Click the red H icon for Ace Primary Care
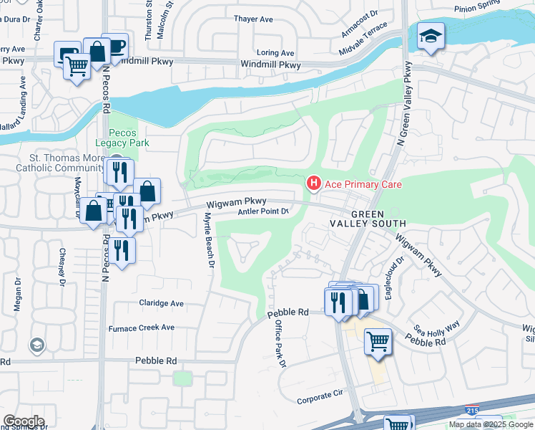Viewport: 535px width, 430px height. point(313,184)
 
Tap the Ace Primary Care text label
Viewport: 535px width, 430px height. point(363,184)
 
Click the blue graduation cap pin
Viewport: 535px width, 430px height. point(431,37)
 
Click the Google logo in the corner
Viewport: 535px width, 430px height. point(24,421)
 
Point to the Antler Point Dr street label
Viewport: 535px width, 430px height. point(262,211)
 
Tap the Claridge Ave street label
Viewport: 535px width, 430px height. point(162,303)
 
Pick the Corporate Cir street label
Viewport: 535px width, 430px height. point(320,396)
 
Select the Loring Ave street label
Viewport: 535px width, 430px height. point(275,53)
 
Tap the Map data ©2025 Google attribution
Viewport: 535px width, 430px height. point(490,424)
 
